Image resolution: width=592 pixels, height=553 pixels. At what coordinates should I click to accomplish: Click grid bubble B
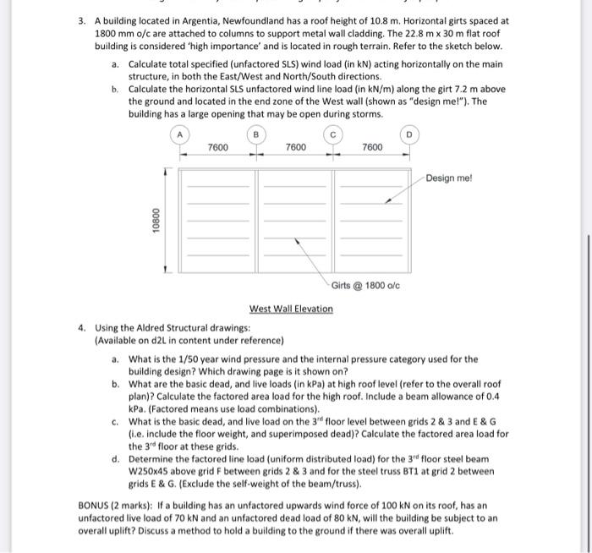coord(256,134)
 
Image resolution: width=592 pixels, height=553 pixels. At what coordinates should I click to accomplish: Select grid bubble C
coord(333,134)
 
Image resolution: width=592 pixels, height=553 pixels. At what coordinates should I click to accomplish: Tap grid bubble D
coord(409,134)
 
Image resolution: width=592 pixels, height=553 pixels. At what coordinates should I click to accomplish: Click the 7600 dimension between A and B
coord(217,148)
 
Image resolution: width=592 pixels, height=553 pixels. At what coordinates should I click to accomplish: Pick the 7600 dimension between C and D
coord(372,148)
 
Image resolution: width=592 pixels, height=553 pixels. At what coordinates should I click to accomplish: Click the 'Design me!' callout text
coord(449,178)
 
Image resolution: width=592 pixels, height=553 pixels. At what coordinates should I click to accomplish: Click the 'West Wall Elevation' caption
coord(291,309)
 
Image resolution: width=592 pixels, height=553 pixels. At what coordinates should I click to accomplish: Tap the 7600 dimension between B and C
coord(295,148)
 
